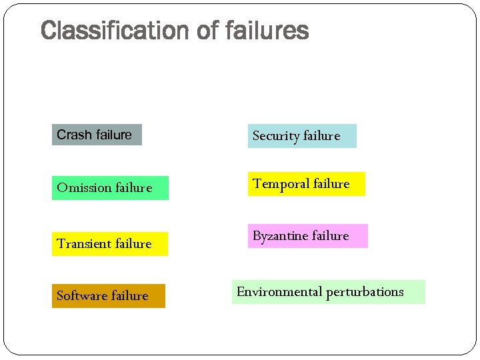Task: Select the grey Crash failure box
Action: (x=97, y=135)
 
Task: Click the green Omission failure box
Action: (x=110, y=187)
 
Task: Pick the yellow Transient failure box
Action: (x=110, y=243)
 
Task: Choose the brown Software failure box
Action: (x=108, y=295)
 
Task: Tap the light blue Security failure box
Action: (x=302, y=135)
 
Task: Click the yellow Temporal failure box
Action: (x=306, y=184)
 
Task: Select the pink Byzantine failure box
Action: (x=307, y=236)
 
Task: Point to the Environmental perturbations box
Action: (x=328, y=292)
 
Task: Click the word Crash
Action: (x=74, y=135)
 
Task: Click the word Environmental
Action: (x=279, y=292)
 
